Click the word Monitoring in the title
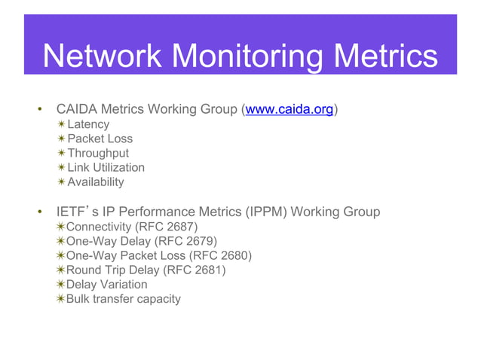click(x=231, y=56)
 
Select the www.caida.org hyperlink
click(x=290, y=110)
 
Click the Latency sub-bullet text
click(x=88, y=124)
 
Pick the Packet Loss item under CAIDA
click(x=100, y=139)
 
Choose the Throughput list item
click(x=98, y=153)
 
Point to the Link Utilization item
click(x=106, y=167)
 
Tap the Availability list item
click(x=96, y=182)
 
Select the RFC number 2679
click(x=200, y=241)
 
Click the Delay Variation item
click(x=106, y=284)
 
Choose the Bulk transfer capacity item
click(x=123, y=299)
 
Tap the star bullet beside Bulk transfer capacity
click(x=60, y=299)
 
